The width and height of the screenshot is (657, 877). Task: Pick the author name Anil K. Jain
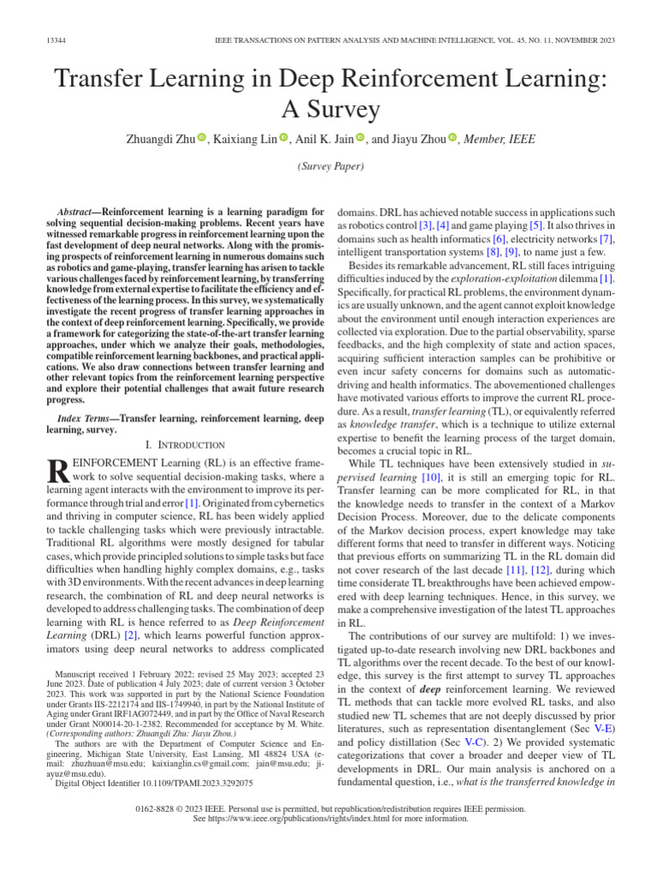click(325, 139)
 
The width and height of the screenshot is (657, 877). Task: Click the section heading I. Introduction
click(185, 445)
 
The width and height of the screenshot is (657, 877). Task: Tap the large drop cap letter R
click(55, 472)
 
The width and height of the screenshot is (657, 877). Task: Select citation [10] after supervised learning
click(431, 476)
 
